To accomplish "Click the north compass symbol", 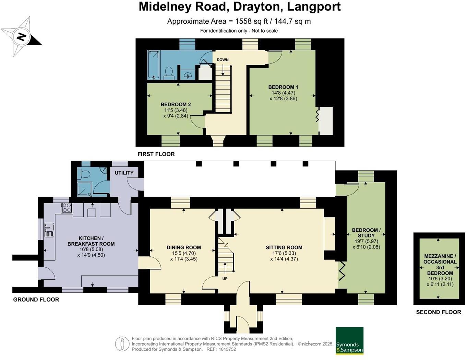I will (x=21, y=37).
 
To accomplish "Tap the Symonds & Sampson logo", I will (x=349, y=340).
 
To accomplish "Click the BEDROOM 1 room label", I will (x=283, y=87).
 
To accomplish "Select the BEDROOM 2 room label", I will (x=176, y=104).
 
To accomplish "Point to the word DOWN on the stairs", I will (x=223, y=60).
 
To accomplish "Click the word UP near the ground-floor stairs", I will (x=225, y=279).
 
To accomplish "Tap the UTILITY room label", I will (x=124, y=173).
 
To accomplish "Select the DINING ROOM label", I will (x=184, y=247).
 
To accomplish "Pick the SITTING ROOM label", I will (x=284, y=247).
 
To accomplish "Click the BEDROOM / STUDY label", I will (x=366, y=233).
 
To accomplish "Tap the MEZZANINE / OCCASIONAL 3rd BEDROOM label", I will (x=440, y=265).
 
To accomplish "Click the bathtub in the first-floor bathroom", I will (x=154, y=65).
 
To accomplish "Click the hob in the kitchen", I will (x=67, y=208).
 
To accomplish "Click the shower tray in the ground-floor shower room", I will (x=84, y=189).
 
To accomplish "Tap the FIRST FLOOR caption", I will (x=156, y=154).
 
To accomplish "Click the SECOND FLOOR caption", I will (x=438, y=312).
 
